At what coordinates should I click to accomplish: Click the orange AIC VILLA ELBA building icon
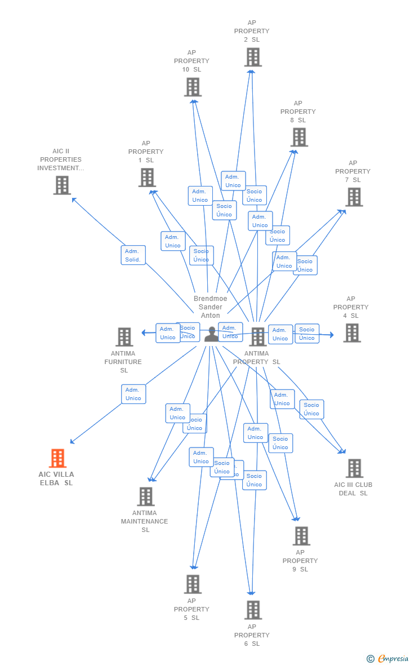(57, 458)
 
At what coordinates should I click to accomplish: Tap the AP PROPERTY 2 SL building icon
(253, 57)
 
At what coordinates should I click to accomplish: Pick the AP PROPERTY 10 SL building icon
(193, 87)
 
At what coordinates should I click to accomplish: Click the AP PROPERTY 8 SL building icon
(299, 137)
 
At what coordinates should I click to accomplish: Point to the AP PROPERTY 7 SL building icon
(354, 197)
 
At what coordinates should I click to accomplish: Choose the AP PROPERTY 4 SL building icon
(352, 333)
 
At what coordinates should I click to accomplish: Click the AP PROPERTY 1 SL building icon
(147, 177)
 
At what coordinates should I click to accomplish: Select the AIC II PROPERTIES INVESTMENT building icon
(62, 185)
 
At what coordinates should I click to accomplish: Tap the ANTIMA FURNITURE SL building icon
(124, 336)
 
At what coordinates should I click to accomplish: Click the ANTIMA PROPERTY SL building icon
(257, 336)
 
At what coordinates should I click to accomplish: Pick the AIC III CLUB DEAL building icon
(354, 468)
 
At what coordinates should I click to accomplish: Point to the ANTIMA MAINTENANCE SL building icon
(146, 496)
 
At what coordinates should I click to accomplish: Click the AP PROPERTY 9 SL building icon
(301, 535)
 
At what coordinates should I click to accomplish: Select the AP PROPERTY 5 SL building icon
(193, 584)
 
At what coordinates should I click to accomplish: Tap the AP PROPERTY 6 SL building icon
(253, 610)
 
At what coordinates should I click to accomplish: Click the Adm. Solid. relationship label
(133, 255)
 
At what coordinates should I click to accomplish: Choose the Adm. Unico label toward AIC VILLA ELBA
(133, 394)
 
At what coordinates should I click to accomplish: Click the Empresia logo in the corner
(387, 658)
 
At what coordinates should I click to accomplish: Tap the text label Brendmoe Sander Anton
(211, 307)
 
